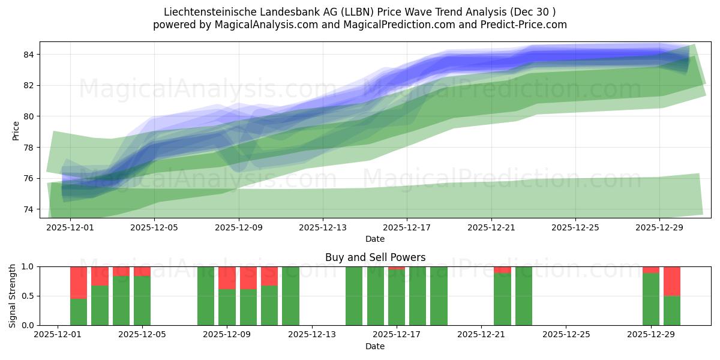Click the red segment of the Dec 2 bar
pyautogui.click(x=79, y=282)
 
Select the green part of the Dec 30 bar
pyautogui.click(x=672, y=310)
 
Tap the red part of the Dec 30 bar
pyautogui.click(x=672, y=281)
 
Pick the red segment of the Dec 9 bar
pyautogui.click(x=227, y=278)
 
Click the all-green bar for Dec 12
pyautogui.click(x=290, y=296)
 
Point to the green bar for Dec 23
pyautogui.click(x=524, y=296)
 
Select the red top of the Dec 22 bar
pyautogui.click(x=502, y=269)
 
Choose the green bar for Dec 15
pyautogui.click(x=354, y=296)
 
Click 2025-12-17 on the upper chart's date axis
pyautogui.click(x=407, y=227)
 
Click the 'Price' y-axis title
pyautogui.click(x=16, y=131)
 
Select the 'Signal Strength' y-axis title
pyautogui.click(x=13, y=295)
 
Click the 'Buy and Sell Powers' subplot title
pyautogui.click(x=375, y=257)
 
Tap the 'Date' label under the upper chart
pyautogui.click(x=375, y=239)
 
